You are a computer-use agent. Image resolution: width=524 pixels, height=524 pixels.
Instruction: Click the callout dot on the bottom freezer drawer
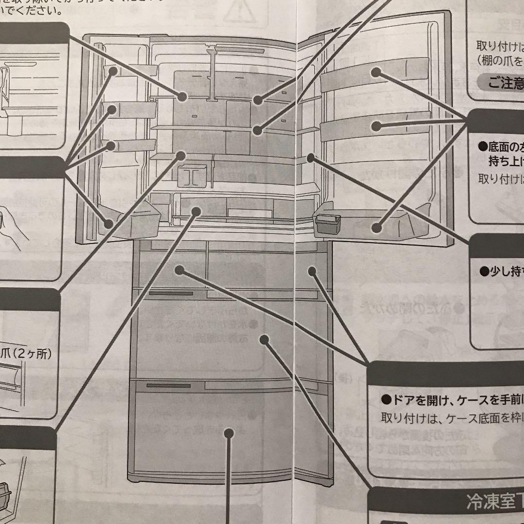228,434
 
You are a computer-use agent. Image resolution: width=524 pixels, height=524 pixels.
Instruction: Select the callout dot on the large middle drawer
264,339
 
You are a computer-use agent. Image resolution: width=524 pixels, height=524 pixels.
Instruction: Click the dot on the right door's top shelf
376,73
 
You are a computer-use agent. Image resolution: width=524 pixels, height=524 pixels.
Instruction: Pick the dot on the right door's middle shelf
376,126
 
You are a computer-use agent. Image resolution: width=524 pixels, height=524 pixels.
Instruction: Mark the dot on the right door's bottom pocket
376,226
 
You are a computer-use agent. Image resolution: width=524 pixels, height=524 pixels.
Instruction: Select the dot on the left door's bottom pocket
109,223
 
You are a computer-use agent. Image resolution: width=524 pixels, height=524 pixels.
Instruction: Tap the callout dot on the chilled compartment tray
196,211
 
